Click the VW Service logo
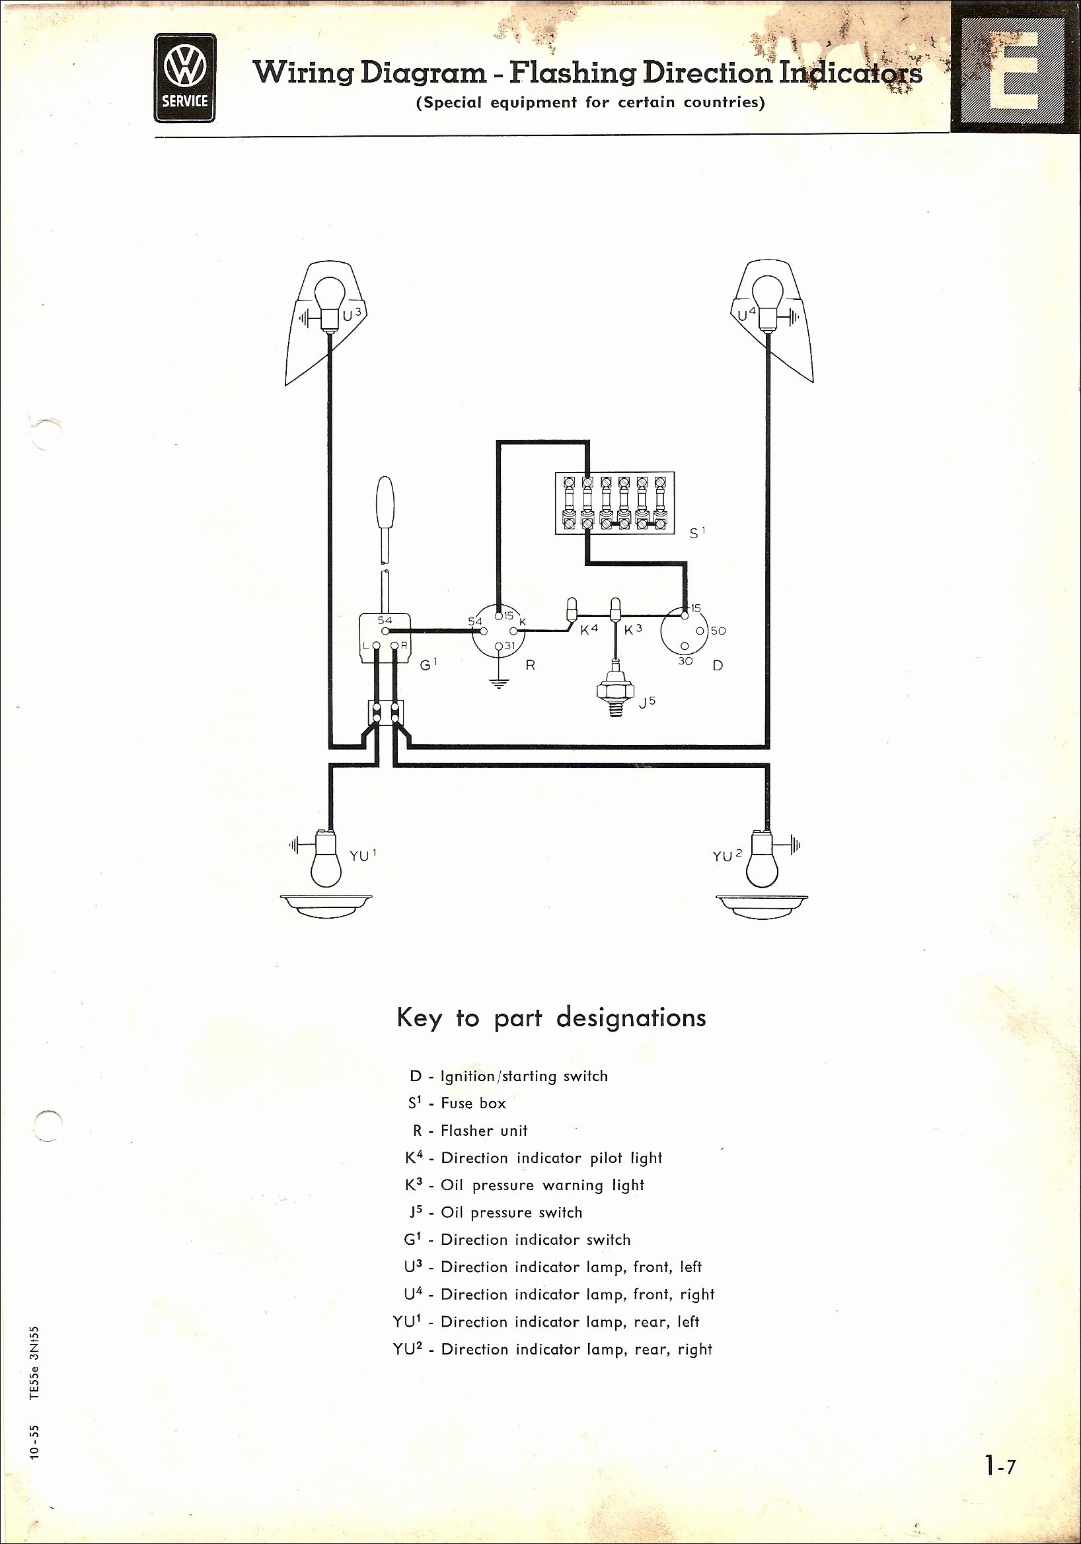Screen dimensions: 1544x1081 tap(184, 78)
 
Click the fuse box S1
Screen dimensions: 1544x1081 tap(613, 504)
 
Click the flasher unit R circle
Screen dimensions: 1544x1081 tap(498, 633)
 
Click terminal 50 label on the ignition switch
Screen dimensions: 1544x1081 tap(717, 631)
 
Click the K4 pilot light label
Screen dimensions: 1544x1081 tap(589, 630)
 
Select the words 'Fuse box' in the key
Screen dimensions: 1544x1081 tap(473, 1104)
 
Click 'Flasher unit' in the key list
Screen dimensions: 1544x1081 tap(484, 1131)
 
